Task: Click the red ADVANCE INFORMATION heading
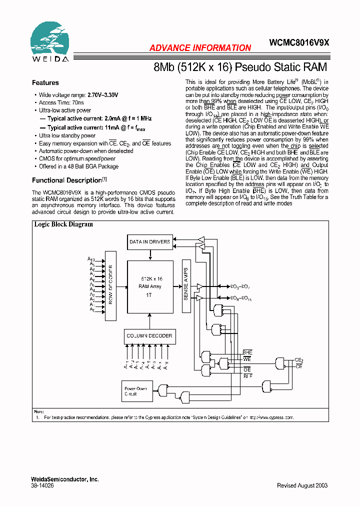click(x=200, y=48)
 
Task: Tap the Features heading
click(x=45, y=83)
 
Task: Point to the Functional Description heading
click(x=67, y=180)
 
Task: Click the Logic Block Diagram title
click(x=63, y=224)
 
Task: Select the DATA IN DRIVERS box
click(x=149, y=242)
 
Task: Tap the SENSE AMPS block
click(x=185, y=286)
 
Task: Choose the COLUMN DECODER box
click(x=149, y=336)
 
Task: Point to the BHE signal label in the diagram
click(x=247, y=353)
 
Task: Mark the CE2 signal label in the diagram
click(x=298, y=360)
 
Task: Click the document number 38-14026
click(x=43, y=485)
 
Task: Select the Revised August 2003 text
click(x=302, y=485)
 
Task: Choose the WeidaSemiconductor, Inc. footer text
click(x=64, y=479)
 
